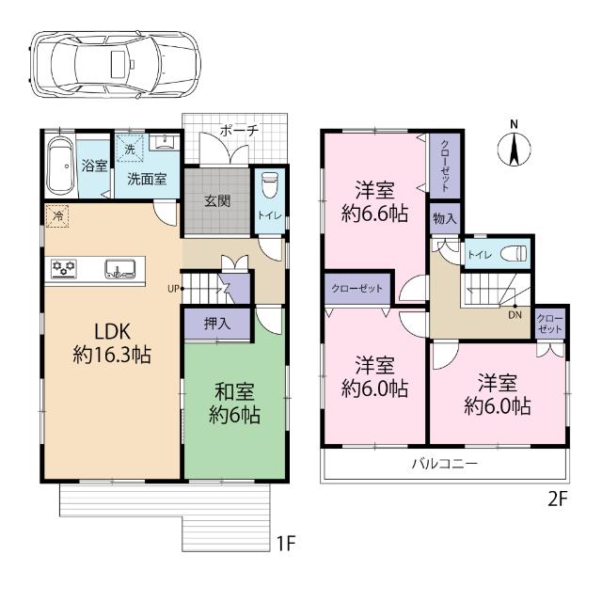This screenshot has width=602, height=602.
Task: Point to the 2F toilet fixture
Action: (x=512, y=254)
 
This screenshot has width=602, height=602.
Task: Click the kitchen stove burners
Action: (x=64, y=270)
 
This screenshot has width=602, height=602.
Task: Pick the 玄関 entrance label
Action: (x=217, y=201)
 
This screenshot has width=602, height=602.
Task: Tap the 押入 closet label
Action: (x=217, y=323)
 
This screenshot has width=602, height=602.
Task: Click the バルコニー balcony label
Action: (x=444, y=464)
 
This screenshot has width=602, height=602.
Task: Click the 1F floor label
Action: (x=288, y=543)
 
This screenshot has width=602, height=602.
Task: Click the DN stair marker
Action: (x=515, y=315)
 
